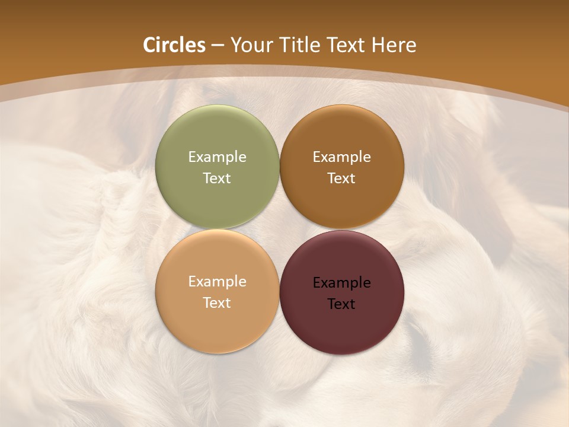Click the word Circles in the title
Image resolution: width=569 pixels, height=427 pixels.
point(174,45)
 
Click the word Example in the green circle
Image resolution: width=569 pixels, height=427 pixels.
point(217,157)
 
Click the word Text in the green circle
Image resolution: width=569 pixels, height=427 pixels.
point(217,179)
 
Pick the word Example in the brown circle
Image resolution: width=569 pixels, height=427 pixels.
point(341,157)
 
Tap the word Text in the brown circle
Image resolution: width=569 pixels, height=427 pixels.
point(341,179)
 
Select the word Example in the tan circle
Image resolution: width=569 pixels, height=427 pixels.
point(217,282)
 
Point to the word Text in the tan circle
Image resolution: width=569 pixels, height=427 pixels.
point(217,303)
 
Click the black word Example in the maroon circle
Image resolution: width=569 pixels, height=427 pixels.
point(341,283)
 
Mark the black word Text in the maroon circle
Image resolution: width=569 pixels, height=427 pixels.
point(341,304)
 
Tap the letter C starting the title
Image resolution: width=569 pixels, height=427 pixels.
point(149,45)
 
